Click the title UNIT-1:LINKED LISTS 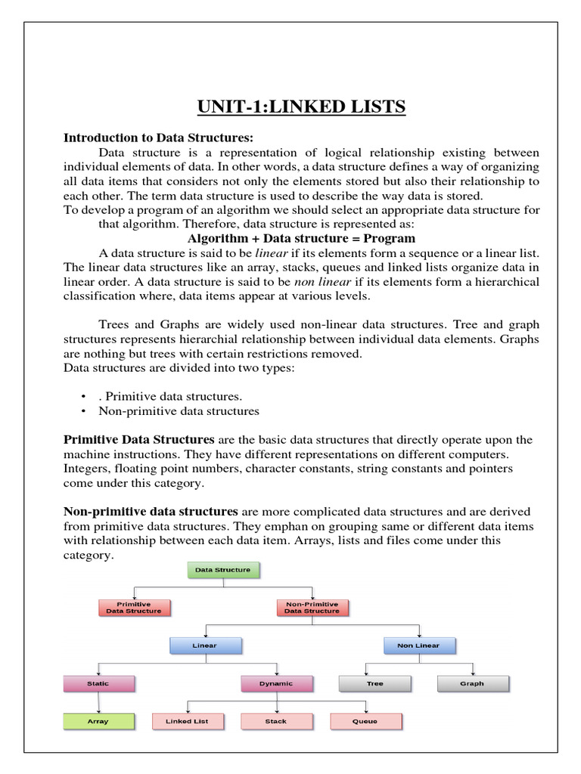pyautogui.click(x=301, y=107)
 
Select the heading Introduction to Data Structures pyautogui.click(x=157, y=138)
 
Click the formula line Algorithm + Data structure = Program pyautogui.click(x=301, y=238)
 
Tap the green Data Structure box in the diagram pyautogui.click(x=222, y=569)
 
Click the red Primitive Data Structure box pyautogui.click(x=134, y=607)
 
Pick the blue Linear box pyautogui.click(x=204, y=646)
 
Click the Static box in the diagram pyautogui.click(x=98, y=683)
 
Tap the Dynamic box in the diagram pyautogui.click(x=276, y=683)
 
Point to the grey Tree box pyautogui.click(x=374, y=683)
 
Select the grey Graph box pyautogui.click(x=473, y=683)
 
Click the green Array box pyautogui.click(x=98, y=721)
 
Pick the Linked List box pyautogui.click(x=187, y=721)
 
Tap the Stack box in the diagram pyautogui.click(x=276, y=721)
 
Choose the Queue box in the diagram pyautogui.click(x=365, y=721)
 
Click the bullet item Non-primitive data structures pyautogui.click(x=179, y=411)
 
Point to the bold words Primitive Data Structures pyautogui.click(x=139, y=440)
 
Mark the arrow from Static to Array pyautogui.click(x=98, y=702)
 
